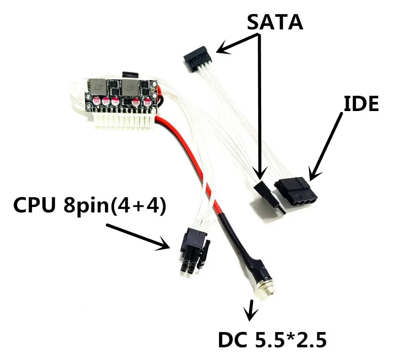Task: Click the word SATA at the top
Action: (275, 22)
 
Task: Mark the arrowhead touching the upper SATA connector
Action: (219, 49)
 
